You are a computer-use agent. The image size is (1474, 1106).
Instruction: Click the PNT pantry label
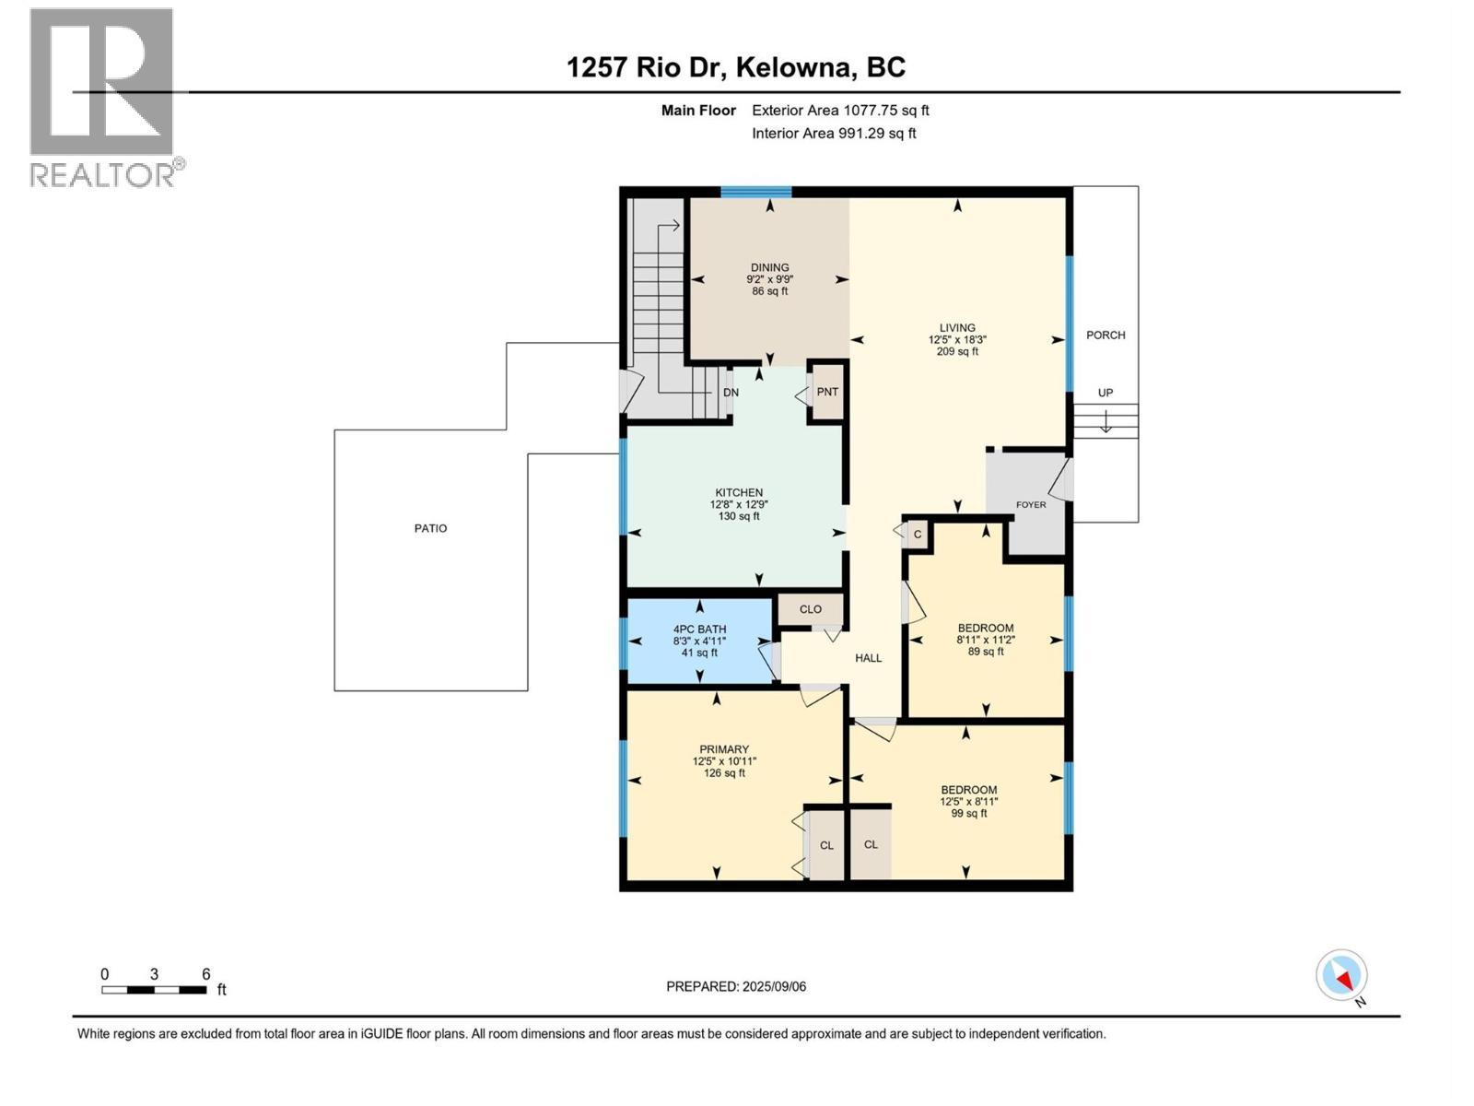point(827,392)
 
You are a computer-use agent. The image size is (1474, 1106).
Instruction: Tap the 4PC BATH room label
point(699,629)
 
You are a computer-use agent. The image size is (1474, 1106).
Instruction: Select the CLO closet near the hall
point(811,609)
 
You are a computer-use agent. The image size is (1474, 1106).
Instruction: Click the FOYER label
point(1031,505)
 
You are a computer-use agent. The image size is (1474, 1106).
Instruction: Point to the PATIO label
point(430,529)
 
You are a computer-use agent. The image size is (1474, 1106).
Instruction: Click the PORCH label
point(1105,335)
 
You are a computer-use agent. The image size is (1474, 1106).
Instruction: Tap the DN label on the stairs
point(731,393)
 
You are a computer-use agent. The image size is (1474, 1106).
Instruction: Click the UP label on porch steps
point(1105,393)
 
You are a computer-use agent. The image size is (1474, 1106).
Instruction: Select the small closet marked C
point(918,535)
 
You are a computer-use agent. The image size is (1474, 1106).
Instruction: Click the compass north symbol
point(1342,975)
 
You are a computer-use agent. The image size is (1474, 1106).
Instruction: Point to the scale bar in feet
point(154,990)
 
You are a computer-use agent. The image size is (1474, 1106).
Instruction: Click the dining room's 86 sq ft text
point(770,291)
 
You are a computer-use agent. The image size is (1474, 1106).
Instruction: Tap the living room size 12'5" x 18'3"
point(957,339)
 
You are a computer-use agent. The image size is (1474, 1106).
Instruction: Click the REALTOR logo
point(103,97)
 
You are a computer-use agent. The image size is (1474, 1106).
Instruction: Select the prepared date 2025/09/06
point(736,986)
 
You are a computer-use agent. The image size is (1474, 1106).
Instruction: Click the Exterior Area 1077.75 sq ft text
point(840,111)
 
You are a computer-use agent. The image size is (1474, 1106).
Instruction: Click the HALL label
point(868,658)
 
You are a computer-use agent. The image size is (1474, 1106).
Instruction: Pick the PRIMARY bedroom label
point(724,749)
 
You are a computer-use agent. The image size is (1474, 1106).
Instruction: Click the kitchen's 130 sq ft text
point(739,517)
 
